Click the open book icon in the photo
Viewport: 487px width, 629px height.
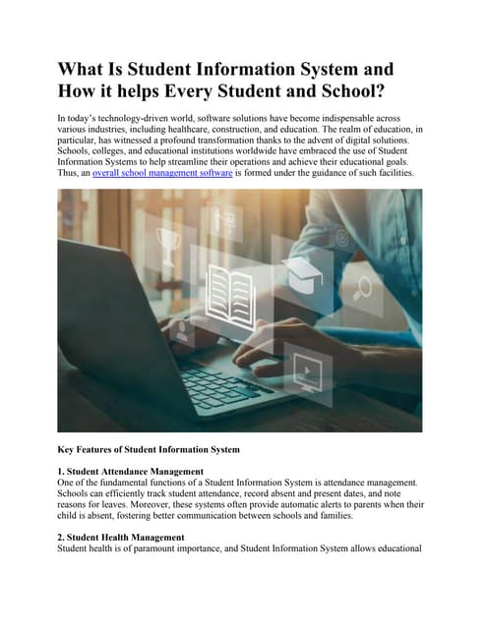(x=227, y=291)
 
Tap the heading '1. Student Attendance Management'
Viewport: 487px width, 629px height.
(x=131, y=472)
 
